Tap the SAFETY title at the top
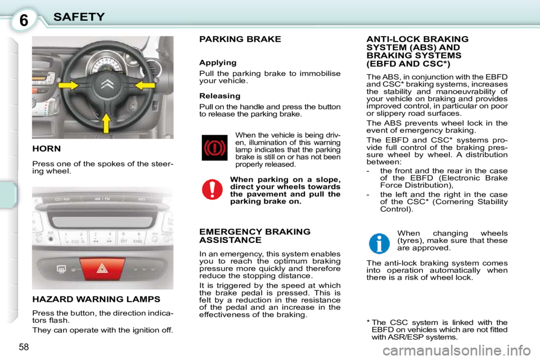pyautogui.click(x=79, y=17)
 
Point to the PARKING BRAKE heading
pyautogui.click(x=240, y=39)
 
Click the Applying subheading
pyautogui.click(x=218, y=62)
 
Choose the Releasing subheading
pyautogui.click(x=220, y=96)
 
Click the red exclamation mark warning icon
pyautogui.click(x=212, y=190)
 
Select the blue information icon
pyautogui.click(x=379, y=243)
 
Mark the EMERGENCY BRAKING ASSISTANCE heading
pyautogui.click(x=254, y=236)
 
